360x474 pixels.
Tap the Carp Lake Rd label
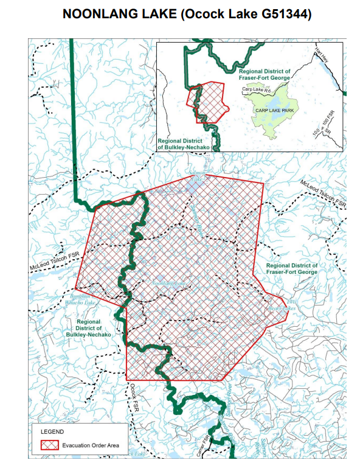tap(256, 89)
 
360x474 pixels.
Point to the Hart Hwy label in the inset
tap(323, 58)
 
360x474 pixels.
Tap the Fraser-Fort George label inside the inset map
tap(263, 74)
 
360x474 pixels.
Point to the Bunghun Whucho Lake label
tap(80, 299)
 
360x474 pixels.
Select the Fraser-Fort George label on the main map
tap(291, 268)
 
